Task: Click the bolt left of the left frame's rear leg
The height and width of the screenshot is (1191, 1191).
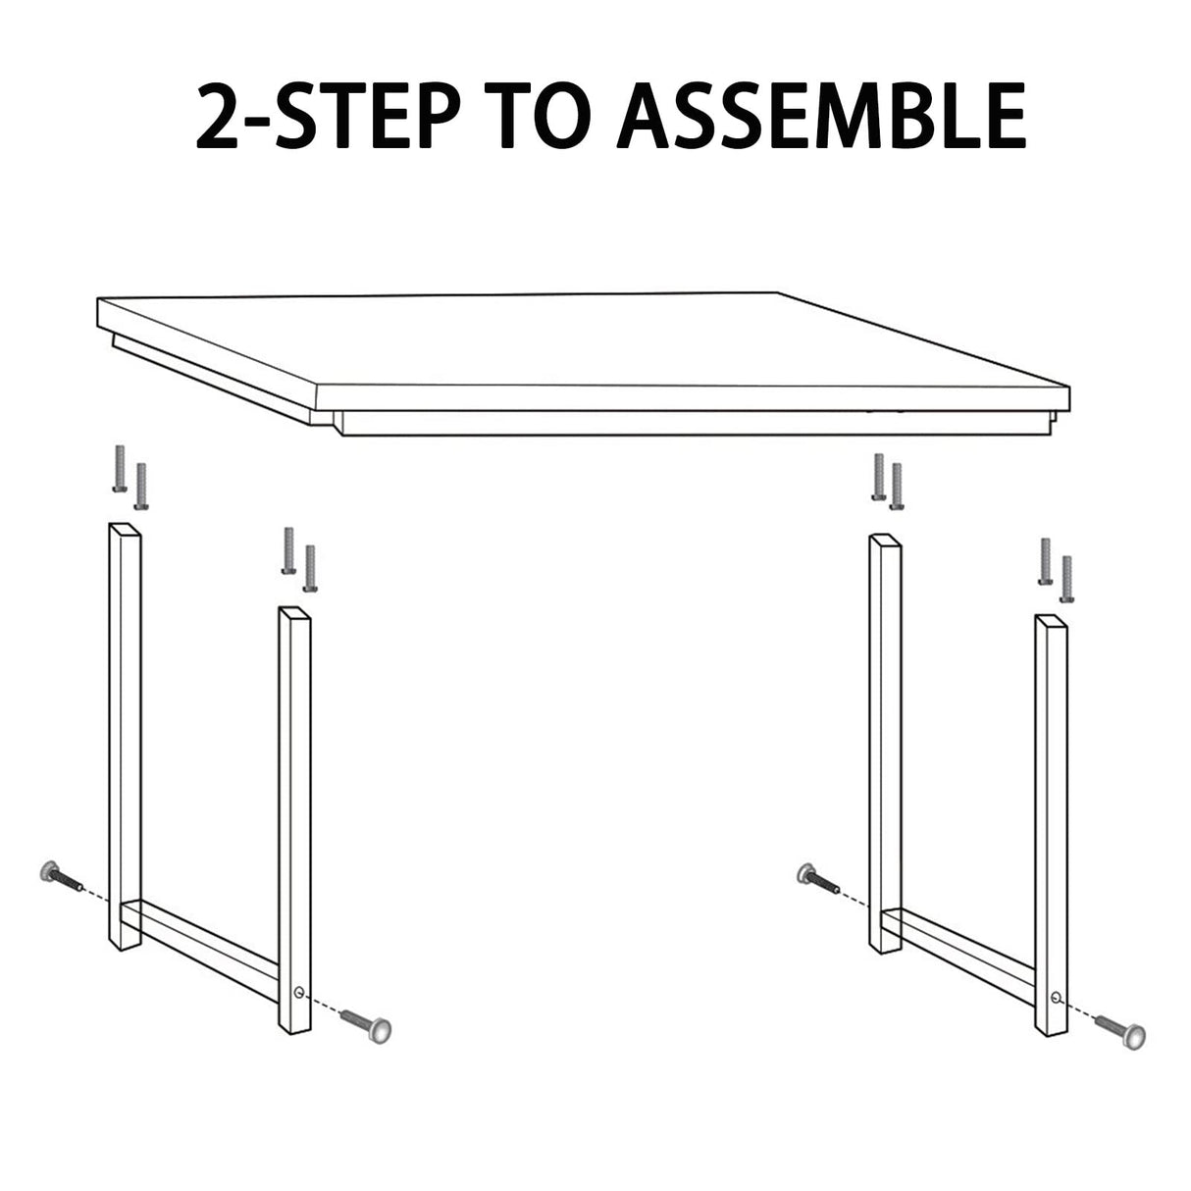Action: (60, 875)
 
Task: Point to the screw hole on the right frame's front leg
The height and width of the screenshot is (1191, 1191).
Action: (1055, 997)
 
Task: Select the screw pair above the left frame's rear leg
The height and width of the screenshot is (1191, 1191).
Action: (130, 478)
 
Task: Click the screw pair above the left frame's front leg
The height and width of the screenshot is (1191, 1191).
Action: (299, 559)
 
